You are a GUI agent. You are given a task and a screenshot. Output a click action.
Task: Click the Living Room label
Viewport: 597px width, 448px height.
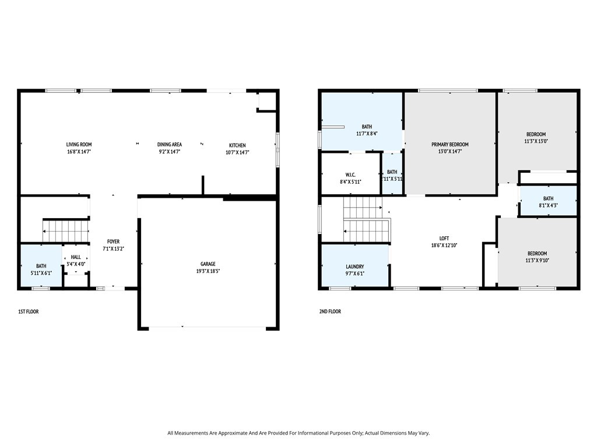pyautogui.click(x=79, y=145)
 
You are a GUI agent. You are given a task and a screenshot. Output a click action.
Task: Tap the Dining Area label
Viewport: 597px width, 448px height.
pyautogui.click(x=170, y=145)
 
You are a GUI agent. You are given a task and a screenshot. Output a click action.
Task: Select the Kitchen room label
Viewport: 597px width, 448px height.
pyautogui.click(x=237, y=145)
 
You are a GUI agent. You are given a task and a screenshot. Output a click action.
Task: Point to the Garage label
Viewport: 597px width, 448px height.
pyautogui.click(x=208, y=264)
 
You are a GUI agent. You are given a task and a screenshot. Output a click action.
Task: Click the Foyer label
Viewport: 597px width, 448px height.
pyautogui.click(x=114, y=242)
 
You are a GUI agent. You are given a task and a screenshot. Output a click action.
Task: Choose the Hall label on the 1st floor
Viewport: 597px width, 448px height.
pyautogui.click(x=76, y=257)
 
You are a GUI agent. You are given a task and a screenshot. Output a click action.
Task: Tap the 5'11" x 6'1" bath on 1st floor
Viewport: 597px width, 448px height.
pyautogui.click(x=41, y=269)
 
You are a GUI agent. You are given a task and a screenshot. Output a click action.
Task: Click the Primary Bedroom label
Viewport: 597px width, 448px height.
pyautogui.click(x=449, y=145)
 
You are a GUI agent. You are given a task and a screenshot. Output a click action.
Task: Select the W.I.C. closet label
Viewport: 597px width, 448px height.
pyautogui.click(x=350, y=175)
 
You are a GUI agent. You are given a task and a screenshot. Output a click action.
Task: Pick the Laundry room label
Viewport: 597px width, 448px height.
pyautogui.click(x=355, y=267)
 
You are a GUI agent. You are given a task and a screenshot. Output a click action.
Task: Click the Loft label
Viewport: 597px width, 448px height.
pyautogui.click(x=444, y=239)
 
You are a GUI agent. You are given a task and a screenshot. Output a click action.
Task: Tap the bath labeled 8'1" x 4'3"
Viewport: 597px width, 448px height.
pyautogui.click(x=548, y=202)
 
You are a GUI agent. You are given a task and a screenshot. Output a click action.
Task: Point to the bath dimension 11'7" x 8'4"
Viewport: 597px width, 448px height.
pyautogui.click(x=367, y=134)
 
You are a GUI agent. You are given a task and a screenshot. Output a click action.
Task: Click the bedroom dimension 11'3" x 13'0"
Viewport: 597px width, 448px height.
pyautogui.click(x=536, y=141)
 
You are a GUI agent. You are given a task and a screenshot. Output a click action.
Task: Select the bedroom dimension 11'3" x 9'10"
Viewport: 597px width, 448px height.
pyautogui.click(x=537, y=261)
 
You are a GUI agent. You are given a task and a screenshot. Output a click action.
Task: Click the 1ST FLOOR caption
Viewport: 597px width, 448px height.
pyautogui.click(x=29, y=311)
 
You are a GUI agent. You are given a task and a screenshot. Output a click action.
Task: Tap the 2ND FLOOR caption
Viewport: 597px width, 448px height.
pyautogui.click(x=330, y=311)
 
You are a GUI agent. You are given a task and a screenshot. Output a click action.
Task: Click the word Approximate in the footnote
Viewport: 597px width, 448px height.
pyautogui.click(x=233, y=433)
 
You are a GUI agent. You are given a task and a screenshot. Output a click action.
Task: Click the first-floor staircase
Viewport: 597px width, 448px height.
pyautogui.click(x=65, y=231)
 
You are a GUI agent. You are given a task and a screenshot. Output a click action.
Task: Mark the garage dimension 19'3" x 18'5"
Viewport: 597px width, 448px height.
pyautogui.click(x=208, y=271)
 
